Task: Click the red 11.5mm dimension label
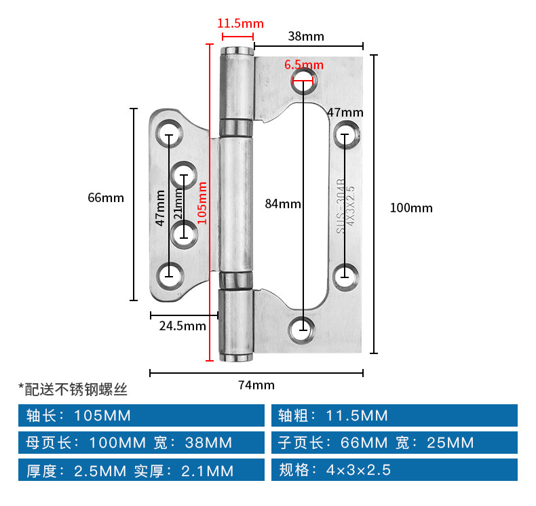(x=240, y=24)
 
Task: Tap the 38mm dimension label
(x=306, y=36)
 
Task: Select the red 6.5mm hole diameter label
(x=304, y=64)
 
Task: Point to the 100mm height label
(x=411, y=208)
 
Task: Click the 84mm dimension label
(x=283, y=204)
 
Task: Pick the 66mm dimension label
(x=106, y=197)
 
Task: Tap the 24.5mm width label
(x=183, y=326)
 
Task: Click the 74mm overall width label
(x=256, y=385)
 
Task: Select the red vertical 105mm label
(x=202, y=203)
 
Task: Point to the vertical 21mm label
(x=178, y=204)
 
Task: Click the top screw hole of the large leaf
(x=304, y=81)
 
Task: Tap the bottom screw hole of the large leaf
(x=301, y=330)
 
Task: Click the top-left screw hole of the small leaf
(x=169, y=134)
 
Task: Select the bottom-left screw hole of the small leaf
(x=170, y=276)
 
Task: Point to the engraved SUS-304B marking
(x=341, y=206)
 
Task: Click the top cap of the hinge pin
(x=237, y=52)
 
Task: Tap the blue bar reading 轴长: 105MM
(x=141, y=416)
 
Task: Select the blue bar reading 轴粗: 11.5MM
(x=394, y=416)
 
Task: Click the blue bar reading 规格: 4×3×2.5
(x=394, y=470)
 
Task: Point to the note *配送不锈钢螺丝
(x=73, y=389)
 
